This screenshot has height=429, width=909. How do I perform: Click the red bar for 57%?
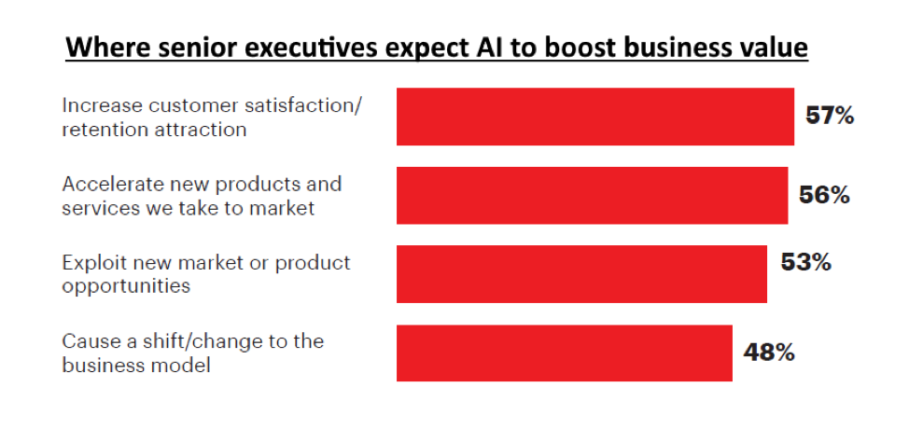pyautogui.click(x=594, y=117)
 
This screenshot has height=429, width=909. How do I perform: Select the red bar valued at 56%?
pyautogui.click(x=592, y=196)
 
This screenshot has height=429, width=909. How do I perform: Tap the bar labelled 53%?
pyautogui.click(x=581, y=274)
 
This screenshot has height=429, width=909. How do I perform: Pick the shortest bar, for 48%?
pyautogui.click(x=564, y=353)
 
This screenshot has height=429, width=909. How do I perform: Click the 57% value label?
pyautogui.click(x=830, y=117)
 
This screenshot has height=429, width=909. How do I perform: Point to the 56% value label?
pyautogui.click(x=824, y=195)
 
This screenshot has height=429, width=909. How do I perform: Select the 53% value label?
pyautogui.click(x=805, y=262)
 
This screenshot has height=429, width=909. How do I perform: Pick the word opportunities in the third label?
pyautogui.click(x=126, y=285)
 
